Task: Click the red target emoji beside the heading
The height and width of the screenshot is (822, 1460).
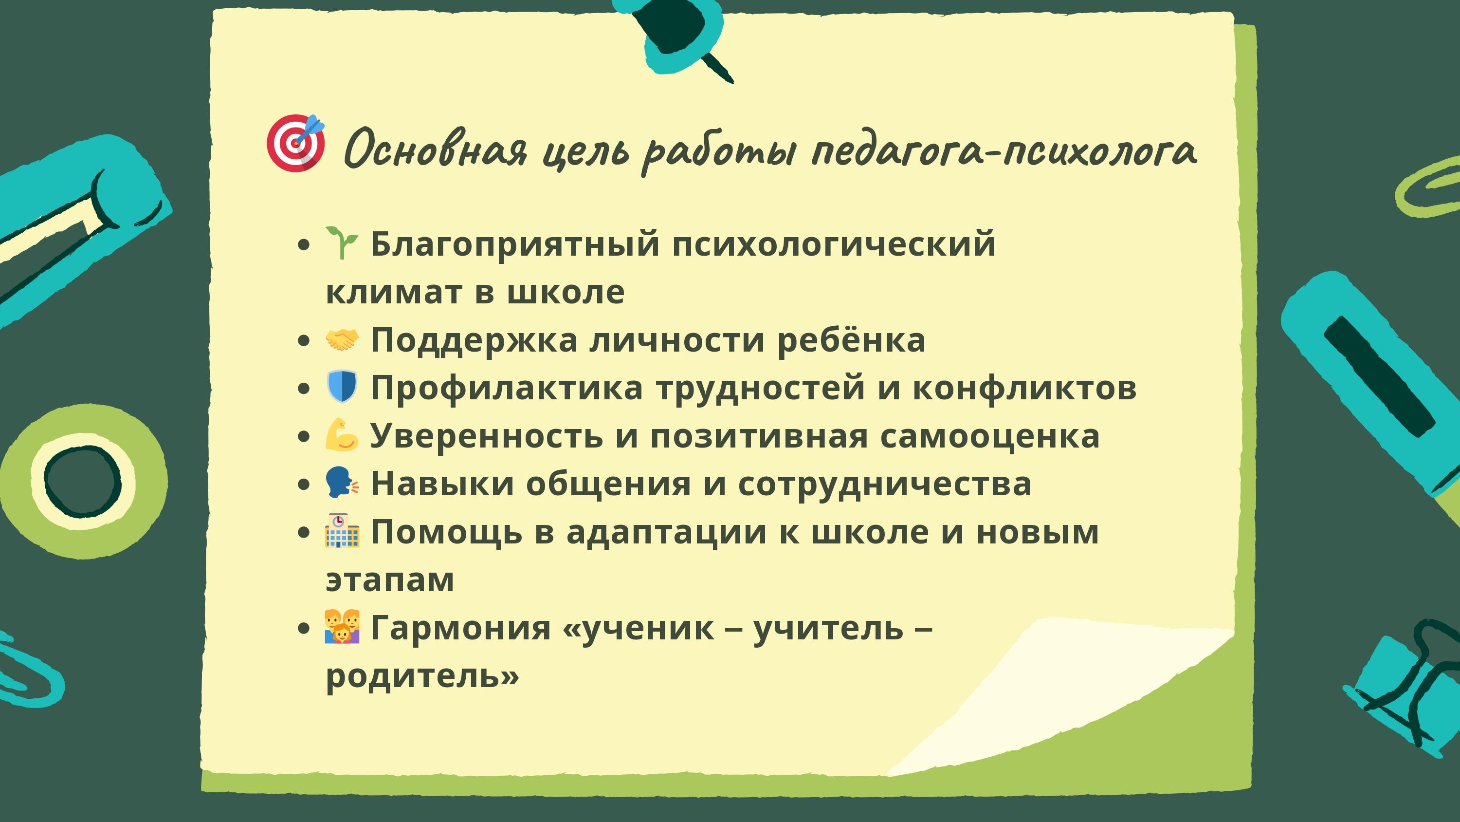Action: pos(295,143)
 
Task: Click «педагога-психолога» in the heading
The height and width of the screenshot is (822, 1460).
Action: pos(1004,151)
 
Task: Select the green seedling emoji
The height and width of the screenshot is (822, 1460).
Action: pos(341,243)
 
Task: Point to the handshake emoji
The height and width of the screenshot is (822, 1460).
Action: pos(342,340)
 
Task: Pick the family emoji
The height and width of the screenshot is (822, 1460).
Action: pos(342,626)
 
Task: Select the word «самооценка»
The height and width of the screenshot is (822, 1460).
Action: pos(989,436)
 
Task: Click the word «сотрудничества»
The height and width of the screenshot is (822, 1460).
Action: pos(885,485)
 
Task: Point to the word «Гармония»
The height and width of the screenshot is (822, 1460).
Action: pos(460,628)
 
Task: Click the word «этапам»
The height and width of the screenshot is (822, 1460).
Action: pos(390,580)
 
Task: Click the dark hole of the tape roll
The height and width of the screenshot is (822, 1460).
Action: pos(83,482)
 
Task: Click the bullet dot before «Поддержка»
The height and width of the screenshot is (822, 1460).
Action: pos(304,341)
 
